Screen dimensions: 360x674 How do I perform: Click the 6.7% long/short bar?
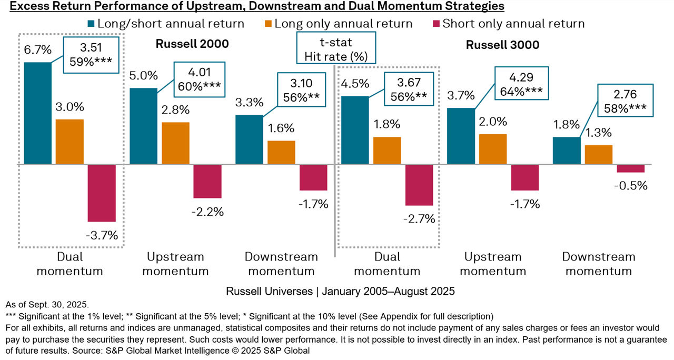[x=37, y=113]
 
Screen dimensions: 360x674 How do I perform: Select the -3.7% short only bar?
[x=101, y=193]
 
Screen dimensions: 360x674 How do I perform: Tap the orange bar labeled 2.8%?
[x=175, y=143]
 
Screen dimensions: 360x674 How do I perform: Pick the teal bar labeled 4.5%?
[x=355, y=131]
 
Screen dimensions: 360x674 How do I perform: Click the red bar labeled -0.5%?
[x=630, y=168]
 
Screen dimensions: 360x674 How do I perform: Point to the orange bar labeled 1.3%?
[x=599, y=155]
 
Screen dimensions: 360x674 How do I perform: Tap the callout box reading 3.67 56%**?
[x=409, y=89]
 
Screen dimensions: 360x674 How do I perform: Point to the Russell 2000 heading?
[x=192, y=44]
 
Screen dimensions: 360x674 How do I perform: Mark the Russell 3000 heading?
[x=502, y=45]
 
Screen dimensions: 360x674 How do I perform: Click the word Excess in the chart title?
[x=27, y=6]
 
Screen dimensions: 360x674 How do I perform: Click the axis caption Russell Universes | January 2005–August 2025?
[x=340, y=291]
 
